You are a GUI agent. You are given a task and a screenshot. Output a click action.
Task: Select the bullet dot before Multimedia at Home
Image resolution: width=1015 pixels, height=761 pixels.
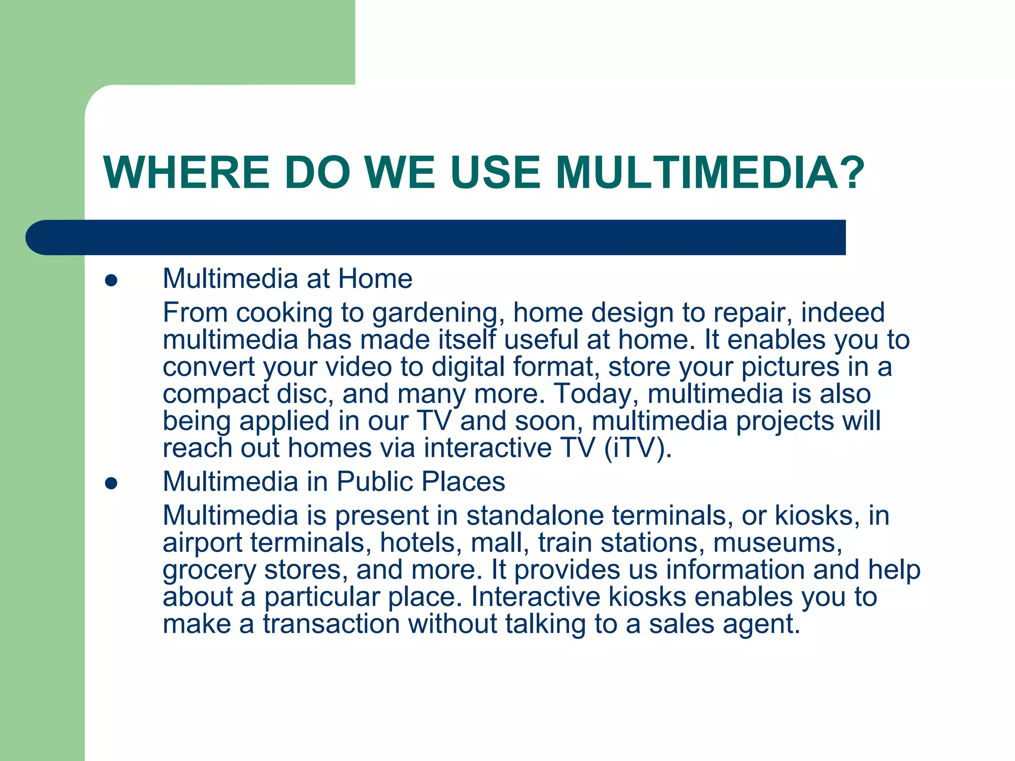click(111, 281)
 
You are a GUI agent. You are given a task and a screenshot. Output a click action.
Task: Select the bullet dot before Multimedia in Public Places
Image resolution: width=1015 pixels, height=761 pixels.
click(111, 484)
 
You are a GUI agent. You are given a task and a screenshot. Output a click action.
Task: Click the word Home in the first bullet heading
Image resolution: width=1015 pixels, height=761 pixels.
click(375, 278)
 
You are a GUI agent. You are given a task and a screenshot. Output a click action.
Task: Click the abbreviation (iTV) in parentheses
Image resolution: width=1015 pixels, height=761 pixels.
click(638, 448)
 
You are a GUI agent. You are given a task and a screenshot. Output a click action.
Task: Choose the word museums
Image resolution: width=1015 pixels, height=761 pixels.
click(777, 543)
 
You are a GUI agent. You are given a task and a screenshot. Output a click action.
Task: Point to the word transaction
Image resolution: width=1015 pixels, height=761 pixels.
click(331, 624)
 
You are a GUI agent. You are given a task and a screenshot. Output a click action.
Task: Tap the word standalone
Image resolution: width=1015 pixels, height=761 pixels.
click(535, 516)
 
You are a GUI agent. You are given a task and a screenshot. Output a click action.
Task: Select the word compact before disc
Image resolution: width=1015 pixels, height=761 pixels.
click(216, 394)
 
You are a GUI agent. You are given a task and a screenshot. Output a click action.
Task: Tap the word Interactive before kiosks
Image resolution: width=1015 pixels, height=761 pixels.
click(535, 597)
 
